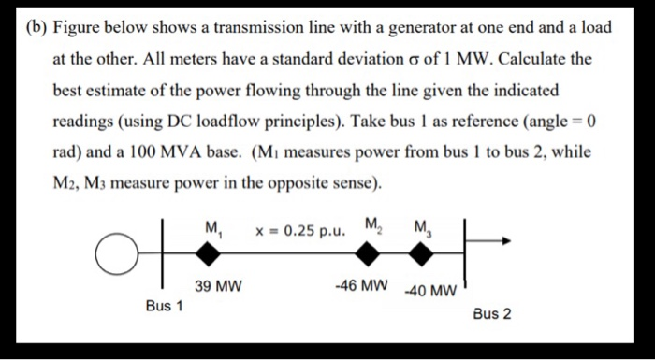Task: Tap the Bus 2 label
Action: tap(492, 314)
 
